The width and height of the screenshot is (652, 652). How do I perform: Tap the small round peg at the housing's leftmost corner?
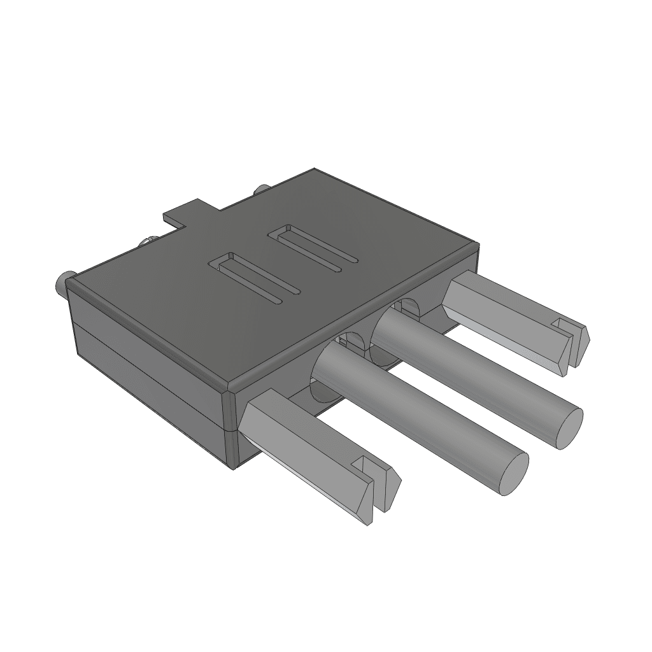point(62,280)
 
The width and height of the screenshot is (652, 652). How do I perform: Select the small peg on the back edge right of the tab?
point(260,189)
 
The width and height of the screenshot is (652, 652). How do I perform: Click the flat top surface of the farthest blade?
point(503,306)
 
